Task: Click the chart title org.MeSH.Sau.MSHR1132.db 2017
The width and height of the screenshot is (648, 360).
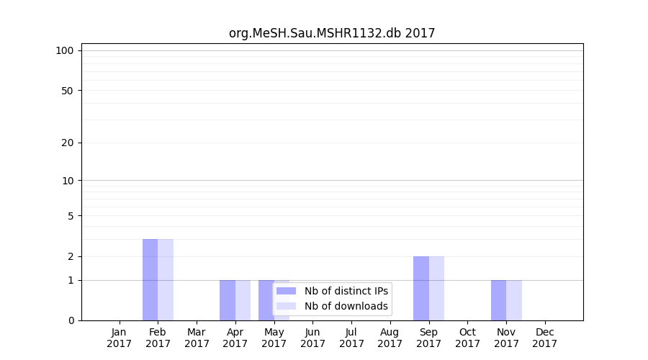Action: click(x=332, y=33)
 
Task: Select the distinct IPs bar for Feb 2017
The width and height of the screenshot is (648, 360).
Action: click(x=150, y=279)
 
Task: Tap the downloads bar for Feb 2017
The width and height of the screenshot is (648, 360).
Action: click(x=166, y=279)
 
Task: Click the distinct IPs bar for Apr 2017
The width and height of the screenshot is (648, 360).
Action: click(x=228, y=300)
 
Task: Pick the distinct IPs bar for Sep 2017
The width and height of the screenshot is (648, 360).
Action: click(x=421, y=288)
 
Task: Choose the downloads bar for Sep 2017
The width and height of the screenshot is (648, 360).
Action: click(x=436, y=288)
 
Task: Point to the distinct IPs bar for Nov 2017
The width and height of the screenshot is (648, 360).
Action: click(x=498, y=300)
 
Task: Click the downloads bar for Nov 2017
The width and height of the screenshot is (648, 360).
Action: click(x=514, y=300)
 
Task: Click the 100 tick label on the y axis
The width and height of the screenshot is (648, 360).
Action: click(x=65, y=50)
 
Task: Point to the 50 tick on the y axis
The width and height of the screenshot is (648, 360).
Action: click(x=68, y=91)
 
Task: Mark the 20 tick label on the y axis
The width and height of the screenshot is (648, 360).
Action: click(x=68, y=143)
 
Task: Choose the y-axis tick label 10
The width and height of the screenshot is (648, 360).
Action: click(x=68, y=181)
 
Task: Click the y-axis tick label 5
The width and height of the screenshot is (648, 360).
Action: click(x=71, y=216)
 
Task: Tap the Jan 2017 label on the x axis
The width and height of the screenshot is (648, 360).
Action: click(x=120, y=338)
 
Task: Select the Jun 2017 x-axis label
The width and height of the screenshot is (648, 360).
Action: click(x=312, y=338)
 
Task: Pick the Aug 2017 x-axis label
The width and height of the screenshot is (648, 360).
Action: click(x=390, y=338)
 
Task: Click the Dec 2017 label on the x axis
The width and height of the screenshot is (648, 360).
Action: click(x=545, y=338)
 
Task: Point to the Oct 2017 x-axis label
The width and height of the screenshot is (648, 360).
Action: click(x=467, y=338)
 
